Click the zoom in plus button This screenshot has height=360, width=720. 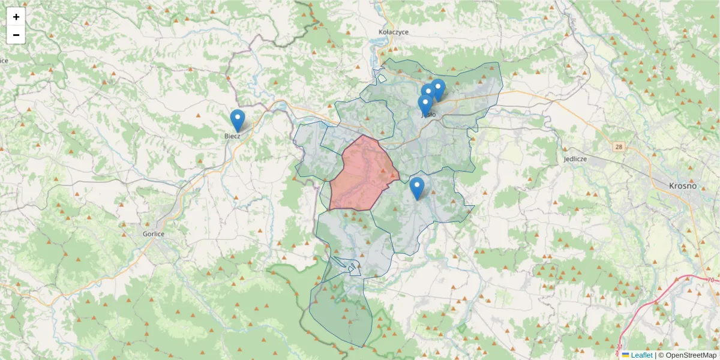click(x=16, y=17)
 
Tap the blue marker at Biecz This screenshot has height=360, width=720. click(x=238, y=120)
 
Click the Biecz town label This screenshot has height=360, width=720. click(x=232, y=136)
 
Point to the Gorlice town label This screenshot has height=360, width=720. click(x=154, y=234)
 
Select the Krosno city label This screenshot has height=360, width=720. click(x=683, y=186)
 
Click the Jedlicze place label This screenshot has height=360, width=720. click(x=575, y=160)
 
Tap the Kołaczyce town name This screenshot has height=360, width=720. click(x=394, y=32)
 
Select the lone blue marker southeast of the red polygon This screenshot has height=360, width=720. click(x=416, y=188)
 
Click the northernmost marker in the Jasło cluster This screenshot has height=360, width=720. click(x=438, y=89)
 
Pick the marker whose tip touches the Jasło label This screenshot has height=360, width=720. click(x=425, y=105)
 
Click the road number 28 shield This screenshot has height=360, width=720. click(x=619, y=146)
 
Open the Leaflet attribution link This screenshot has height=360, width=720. click(x=641, y=355)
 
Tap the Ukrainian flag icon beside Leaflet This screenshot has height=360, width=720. click(x=626, y=355)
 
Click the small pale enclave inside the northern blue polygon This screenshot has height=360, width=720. click(x=382, y=78)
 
